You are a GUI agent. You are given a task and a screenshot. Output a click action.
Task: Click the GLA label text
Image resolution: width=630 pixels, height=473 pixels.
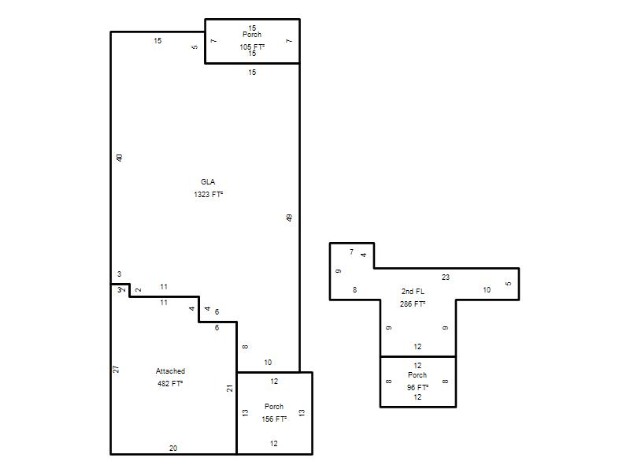(208, 182)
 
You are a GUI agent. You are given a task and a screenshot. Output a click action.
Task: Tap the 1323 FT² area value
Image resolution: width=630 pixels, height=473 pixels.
(208, 194)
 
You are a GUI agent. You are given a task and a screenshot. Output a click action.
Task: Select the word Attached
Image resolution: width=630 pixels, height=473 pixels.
(170, 371)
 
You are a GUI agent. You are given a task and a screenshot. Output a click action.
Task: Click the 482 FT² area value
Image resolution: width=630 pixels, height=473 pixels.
(170, 383)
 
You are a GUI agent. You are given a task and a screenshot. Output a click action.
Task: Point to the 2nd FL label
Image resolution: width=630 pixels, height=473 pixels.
(413, 291)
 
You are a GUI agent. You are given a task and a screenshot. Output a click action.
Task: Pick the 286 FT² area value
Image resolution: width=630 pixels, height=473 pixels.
(413, 304)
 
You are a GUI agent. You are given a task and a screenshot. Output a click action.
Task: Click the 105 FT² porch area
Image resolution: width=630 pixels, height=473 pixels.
(252, 47)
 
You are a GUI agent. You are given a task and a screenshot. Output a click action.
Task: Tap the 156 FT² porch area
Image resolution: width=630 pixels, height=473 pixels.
(274, 419)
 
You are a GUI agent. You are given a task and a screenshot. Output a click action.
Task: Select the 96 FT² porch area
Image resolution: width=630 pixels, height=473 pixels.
(417, 387)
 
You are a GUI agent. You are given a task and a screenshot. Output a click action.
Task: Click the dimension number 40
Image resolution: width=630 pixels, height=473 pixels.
(119, 158)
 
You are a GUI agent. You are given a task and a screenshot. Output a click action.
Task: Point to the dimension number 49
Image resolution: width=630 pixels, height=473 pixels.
(289, 218)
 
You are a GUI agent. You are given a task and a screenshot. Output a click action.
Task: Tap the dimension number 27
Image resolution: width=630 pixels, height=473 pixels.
(116, 369)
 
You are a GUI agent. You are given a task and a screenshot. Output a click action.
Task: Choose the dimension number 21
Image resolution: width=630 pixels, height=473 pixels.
(229, 388)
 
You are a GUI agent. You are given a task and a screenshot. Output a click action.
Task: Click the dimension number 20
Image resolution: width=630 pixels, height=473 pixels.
(173, 448)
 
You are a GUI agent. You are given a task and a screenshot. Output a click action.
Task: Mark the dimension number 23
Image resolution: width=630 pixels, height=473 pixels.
(446, 277)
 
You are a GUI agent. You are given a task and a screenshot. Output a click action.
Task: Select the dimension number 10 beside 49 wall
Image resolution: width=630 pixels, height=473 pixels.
(268, 363)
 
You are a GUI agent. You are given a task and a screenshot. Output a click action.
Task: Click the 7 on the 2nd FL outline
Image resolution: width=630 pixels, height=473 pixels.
(351, 251)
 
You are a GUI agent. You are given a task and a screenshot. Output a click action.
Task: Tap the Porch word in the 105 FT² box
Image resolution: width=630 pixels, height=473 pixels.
(252, 35)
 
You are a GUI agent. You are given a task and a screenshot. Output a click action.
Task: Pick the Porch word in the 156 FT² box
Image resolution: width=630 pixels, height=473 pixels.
(274, 406)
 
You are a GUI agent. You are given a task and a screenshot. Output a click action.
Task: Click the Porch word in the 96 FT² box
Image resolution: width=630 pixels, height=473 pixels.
(417, 375)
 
